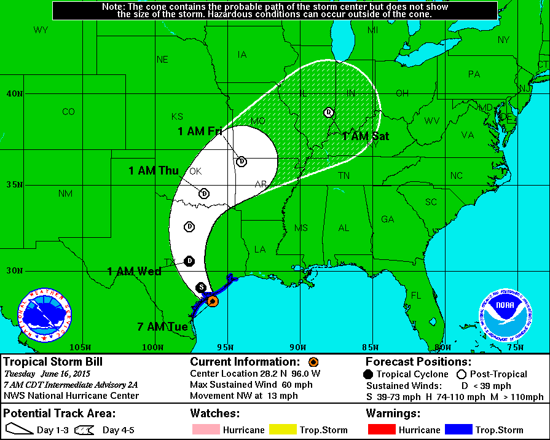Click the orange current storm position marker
pyautogui.click(x=212, y=301)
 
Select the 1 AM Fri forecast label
pyautogui.click(x=200, y=132)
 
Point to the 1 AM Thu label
pyautogui.click(x=153, y=171)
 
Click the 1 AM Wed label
pyautogui.click(x=134, y=272)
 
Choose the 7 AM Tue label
pyautogui.click(x=162, y=327)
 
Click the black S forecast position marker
pyautogui.click(x=200, y=287)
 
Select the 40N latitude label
pyautogui.click(x=15, y=94)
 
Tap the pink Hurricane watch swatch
pyautogui.click(x=205, y=430)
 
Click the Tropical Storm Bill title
pyautogui.click(x=53, y=361)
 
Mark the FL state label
pyautogui.click(x=416, y=296)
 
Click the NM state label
pyautogui.click(x=65, y=194)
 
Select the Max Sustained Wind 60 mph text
pyautogui.click(x=251, y=385)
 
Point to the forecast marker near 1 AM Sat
pyautogui.click(x=329, y=112)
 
